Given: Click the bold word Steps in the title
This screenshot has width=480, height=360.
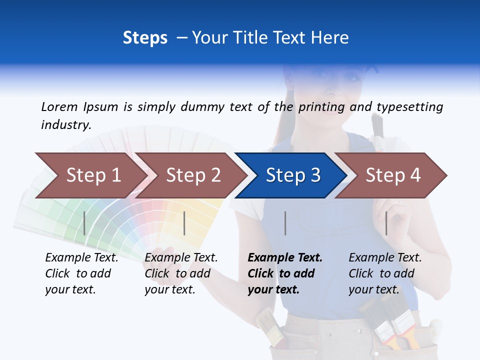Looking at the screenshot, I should pyautogui.click(x=145, y=37).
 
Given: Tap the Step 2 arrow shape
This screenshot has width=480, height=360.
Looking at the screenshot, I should pyautogui.click(x=192, y=175).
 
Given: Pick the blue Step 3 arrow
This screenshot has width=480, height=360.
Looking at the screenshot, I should pyautogui.click(x=292, y=175).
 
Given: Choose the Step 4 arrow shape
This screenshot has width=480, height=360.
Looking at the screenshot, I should pyautogui.click(x=392, y=175).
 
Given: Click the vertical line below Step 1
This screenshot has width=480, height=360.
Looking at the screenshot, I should pyautogui.click(x=84, y=223).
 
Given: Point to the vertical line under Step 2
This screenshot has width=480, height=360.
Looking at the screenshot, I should pyautogui.click(x=184, y=223).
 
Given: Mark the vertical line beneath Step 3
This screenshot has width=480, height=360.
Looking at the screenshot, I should pyautogui.click(x=285, y=223).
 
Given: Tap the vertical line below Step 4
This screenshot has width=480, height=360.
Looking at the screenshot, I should pyautogui.click(x=386, y=223).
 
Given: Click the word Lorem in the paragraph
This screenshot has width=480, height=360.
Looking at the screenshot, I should pyautogui.click(x=59, y=106).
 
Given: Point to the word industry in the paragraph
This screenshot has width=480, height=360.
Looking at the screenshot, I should pyautogui.click(x=66, y=124).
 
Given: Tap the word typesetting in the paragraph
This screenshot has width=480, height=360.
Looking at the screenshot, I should pyautogui.click(x=409, y=106).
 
